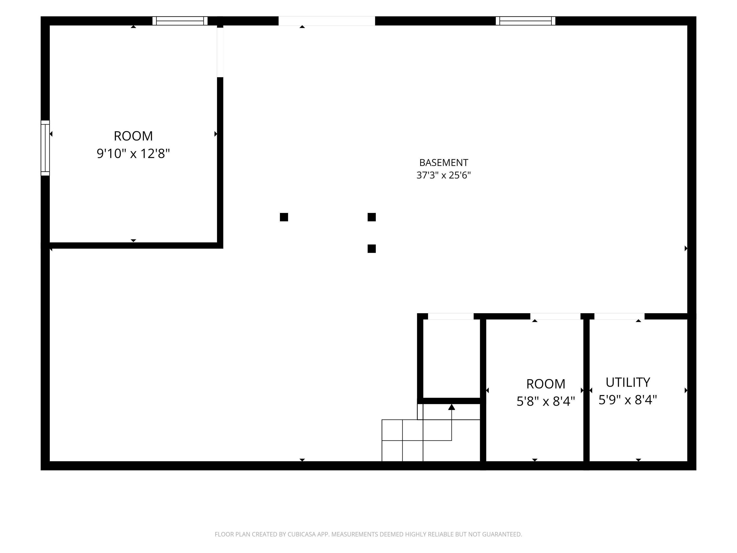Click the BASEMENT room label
[443, 163]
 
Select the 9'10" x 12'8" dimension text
[133, 154]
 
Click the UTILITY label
[628, 382]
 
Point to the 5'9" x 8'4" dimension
[628, 400]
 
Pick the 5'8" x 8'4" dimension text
[546, 401]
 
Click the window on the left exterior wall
[45, 148]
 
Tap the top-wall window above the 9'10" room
[180, 21]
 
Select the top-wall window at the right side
[525, 21]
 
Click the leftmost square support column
[284, 217]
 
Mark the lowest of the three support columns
[372, 249]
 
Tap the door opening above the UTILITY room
[619, 316]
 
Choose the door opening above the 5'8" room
[555, 316]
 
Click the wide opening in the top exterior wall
[327, 21]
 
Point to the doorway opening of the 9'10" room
[220, 52]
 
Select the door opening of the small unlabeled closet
[451, 316]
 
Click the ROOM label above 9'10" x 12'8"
[133, 136]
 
